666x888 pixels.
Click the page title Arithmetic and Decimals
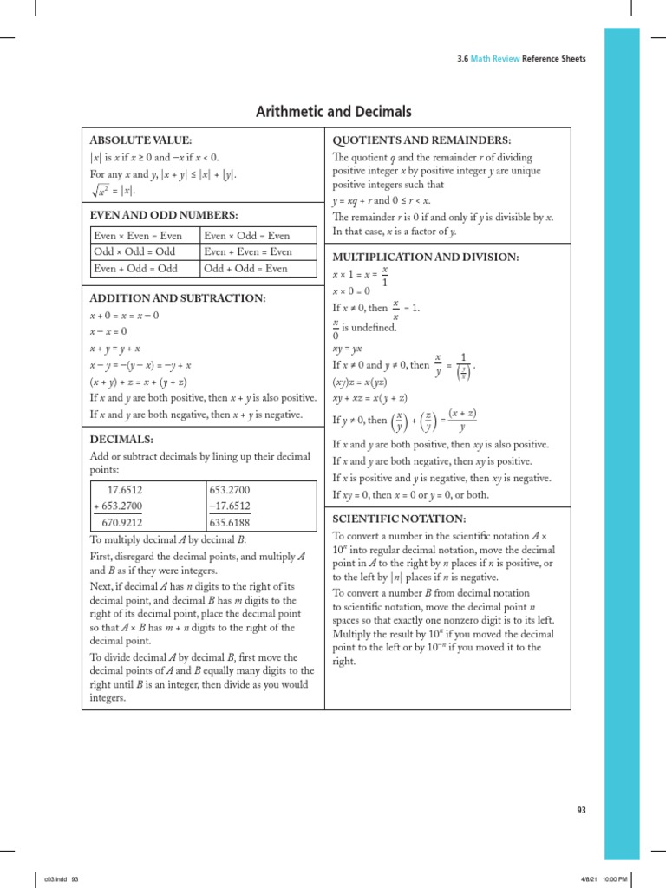[x=333, y=112]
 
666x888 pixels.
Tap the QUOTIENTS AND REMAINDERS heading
[x=422, y=140]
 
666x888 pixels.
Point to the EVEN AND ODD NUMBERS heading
[x=164, y=215]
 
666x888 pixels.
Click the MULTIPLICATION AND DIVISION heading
[x=426, y=258]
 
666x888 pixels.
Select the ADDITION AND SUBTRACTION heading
[x=178, y=298]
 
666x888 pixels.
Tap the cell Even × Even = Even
[x=138, y=236]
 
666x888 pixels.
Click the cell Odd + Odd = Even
[x=245, y=269]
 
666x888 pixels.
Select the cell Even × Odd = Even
[x=245, y=236]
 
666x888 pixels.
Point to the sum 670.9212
[x=122, y=523]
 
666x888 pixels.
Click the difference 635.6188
[x=230, y=523]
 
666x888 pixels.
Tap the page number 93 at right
[x=582, y=810]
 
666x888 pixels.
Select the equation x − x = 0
[x=108, y=331]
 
